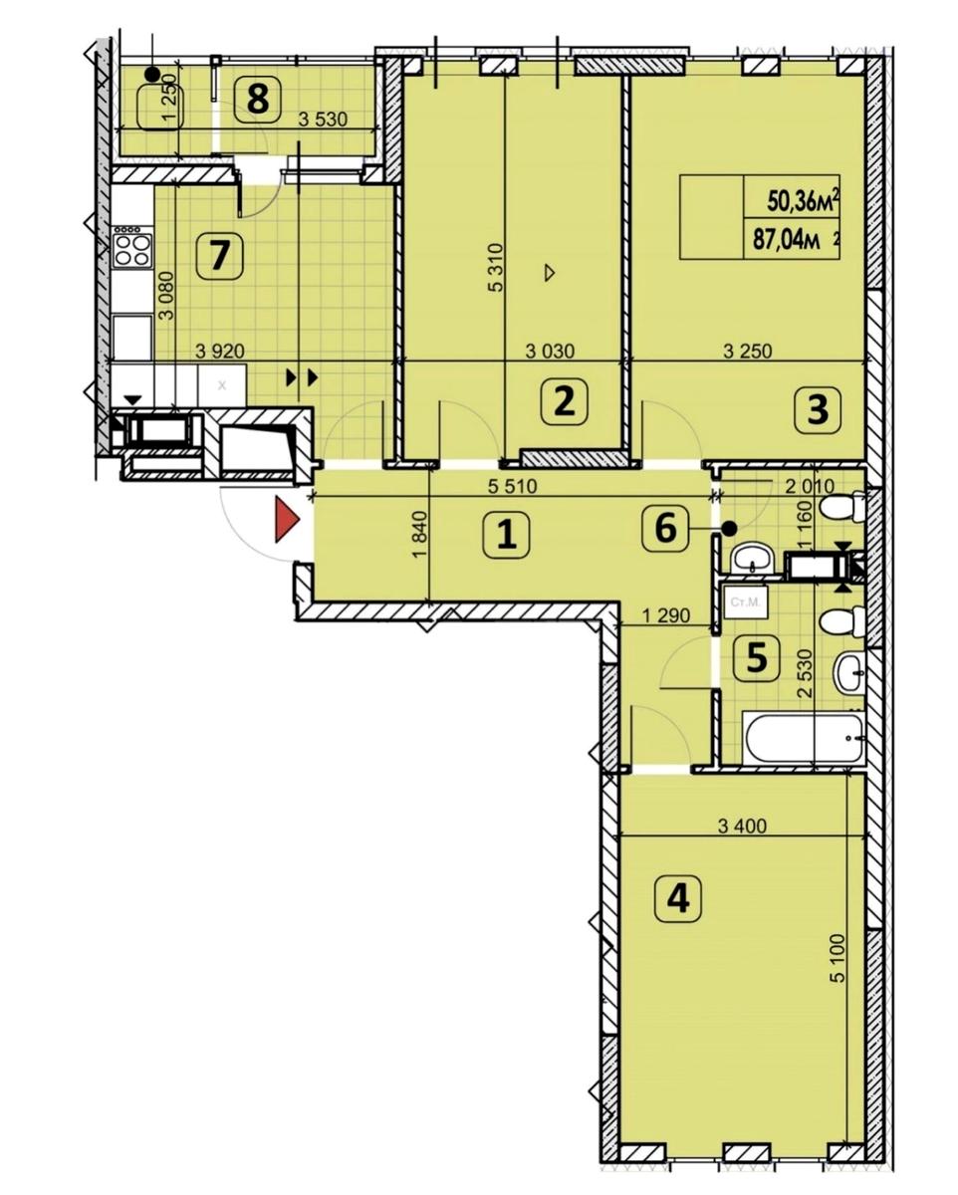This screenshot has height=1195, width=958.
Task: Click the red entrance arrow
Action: (x=287, y=519)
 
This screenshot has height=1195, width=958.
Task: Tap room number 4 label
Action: (x=678, y=898)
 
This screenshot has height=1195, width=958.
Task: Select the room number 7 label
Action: (x=220, y=256)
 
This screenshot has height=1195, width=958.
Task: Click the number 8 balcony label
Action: (x=258, y=99)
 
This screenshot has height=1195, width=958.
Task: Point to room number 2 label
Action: (x=565, y=401)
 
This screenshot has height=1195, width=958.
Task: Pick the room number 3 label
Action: (x=818, y=410)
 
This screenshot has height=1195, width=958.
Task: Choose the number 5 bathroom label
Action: (x=757, y=658)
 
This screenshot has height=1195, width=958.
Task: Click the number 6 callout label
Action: (x=666, y=527)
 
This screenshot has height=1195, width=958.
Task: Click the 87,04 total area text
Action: (x=787, y=242)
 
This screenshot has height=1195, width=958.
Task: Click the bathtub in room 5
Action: (x=804, y=738)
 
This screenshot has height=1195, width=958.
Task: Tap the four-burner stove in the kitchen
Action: (x=132, y=249)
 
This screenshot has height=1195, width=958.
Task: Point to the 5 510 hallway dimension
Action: (x=513, y=486)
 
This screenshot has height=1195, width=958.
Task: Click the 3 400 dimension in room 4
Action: (x=742, y=826)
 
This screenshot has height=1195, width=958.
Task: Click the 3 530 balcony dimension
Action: (x=323, y=119)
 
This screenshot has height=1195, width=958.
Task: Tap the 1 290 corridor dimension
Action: (x=666, y=615)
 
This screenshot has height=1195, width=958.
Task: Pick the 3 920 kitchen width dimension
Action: (x=220, y=351)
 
